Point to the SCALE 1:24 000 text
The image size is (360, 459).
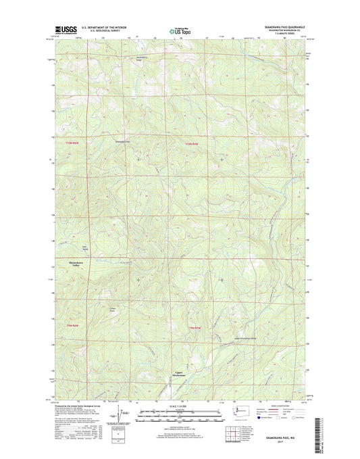(180, 406)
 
